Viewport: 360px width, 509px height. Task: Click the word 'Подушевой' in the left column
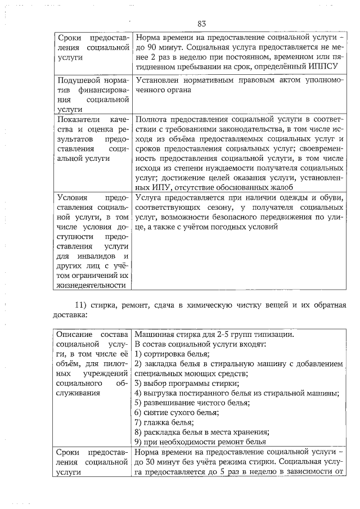pyautogui.click(x=77, y=80)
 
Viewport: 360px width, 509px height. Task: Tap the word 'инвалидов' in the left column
pyautogui.click(x=89, y=256)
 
